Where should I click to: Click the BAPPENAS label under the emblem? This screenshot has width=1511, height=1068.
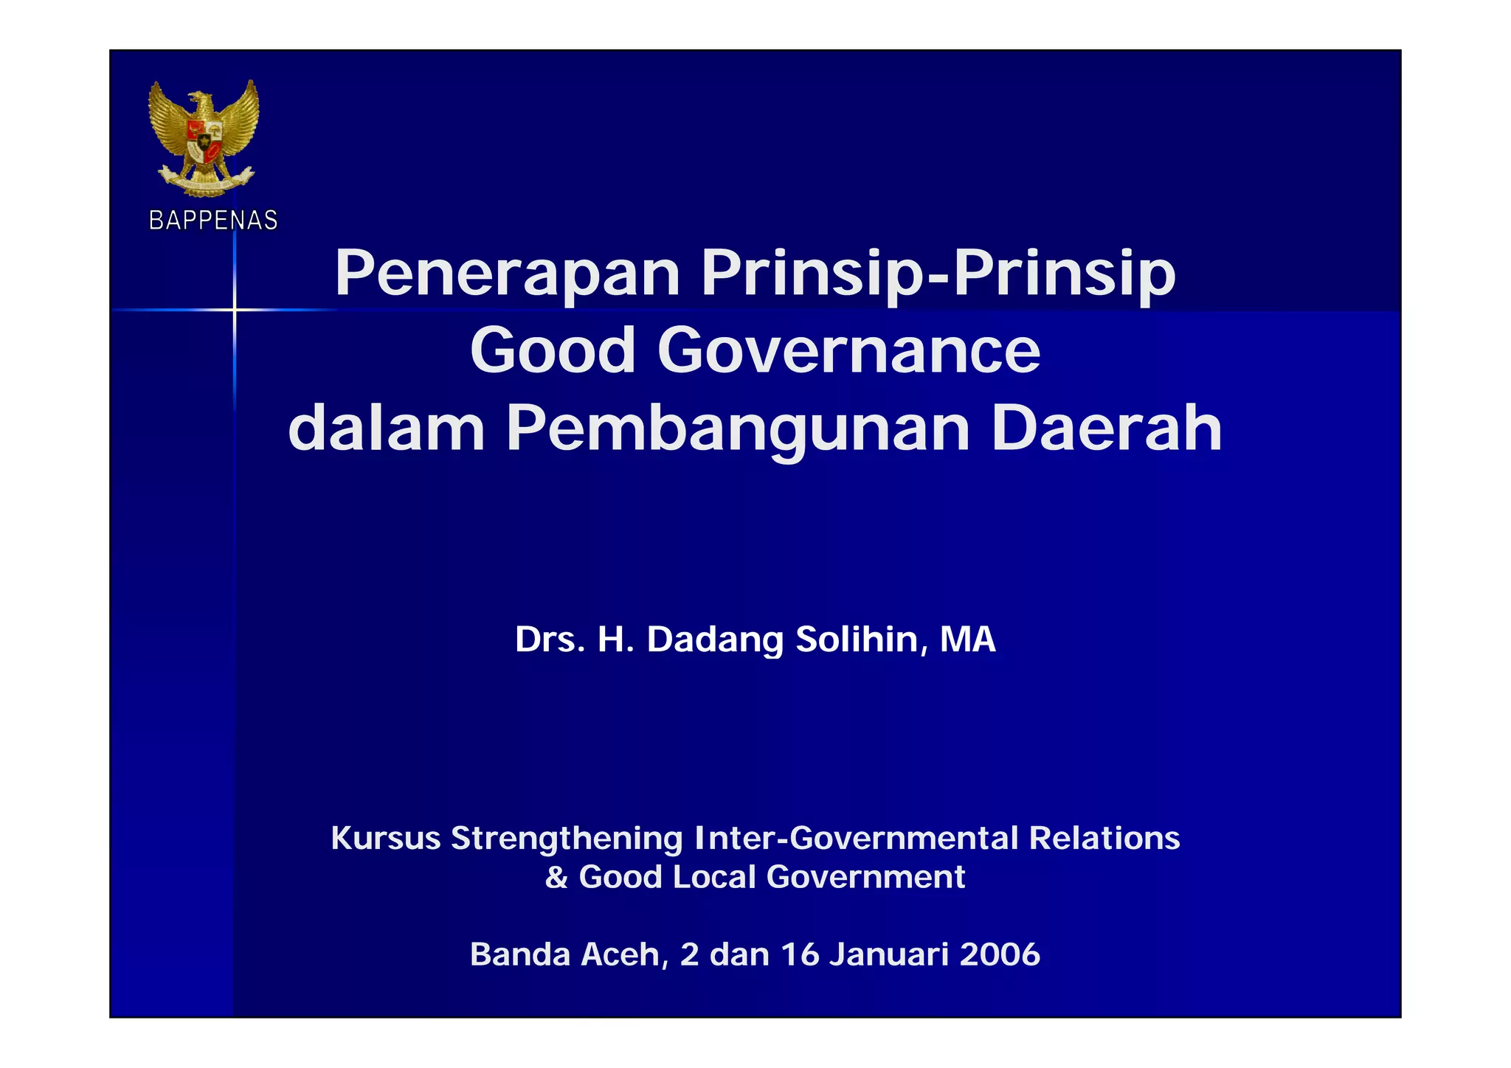[213, 221]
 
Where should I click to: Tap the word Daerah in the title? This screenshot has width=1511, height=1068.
[1107, 429]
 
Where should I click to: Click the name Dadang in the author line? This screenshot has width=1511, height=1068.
[714, 640]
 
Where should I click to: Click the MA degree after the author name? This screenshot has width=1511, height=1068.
[967, 639]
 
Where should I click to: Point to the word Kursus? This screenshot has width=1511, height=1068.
[386, 839]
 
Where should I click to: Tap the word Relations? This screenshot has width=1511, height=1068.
[1104, 839]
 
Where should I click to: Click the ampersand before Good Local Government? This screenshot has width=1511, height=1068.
[556, 878]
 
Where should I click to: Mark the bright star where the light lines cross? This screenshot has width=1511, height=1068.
[235, 310]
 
